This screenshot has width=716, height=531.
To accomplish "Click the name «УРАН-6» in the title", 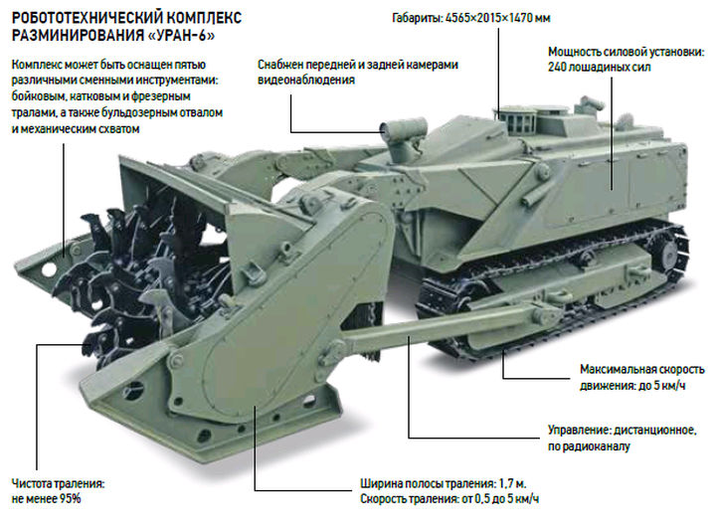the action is pyautogui.click(x=181, y=35).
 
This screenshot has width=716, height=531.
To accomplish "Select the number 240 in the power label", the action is pyautogui.click(x=557, y=67).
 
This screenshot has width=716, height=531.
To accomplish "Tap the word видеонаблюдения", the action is pyautogui.click(x=306, y=81).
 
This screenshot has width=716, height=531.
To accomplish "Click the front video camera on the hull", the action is pyautogui.click(x=403, y=127).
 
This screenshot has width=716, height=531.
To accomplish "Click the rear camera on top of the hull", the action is pyautogui.click(x=592, y=103).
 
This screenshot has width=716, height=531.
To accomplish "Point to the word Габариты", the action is pyautogui.click(x=417, y=18).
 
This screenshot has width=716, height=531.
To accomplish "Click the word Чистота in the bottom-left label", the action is pyautogui.click(x=32, y=483).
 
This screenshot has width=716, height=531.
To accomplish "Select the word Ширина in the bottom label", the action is pyautogui.click(x=380, y=483).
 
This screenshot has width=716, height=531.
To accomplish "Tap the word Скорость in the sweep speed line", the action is pyautogui.click(x=384, y=498).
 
